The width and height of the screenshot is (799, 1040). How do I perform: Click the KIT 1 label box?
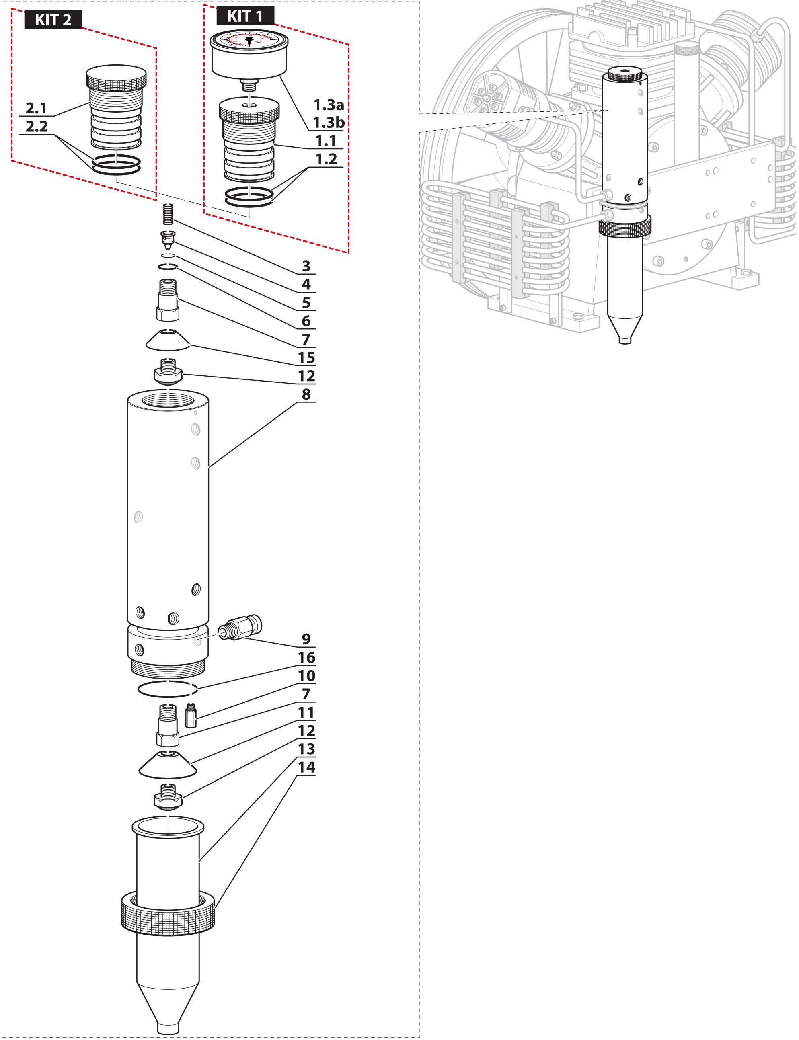[x=245, y=16]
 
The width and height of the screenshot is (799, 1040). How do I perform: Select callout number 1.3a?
[x=328, y=105]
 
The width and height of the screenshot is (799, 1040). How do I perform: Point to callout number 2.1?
[x=36, y=109]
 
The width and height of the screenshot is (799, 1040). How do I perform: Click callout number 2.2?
[x=37, y=127]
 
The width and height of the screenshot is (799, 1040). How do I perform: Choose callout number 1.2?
[x=326, y=159]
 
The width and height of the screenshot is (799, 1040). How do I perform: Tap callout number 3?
[x=306, y=266]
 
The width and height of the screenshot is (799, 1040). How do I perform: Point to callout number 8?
[x=306, y=394]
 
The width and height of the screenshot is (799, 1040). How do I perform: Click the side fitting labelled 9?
[x=240, y=628]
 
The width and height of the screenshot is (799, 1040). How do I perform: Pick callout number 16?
[x=306, y=657]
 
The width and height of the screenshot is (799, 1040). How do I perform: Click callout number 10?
[x=306, y=676]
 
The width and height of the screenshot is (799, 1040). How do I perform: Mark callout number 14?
[x=306, y=767]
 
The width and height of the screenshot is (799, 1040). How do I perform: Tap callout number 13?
[x=306, y=749]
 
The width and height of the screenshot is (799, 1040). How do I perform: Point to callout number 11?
[x=306, y=712]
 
